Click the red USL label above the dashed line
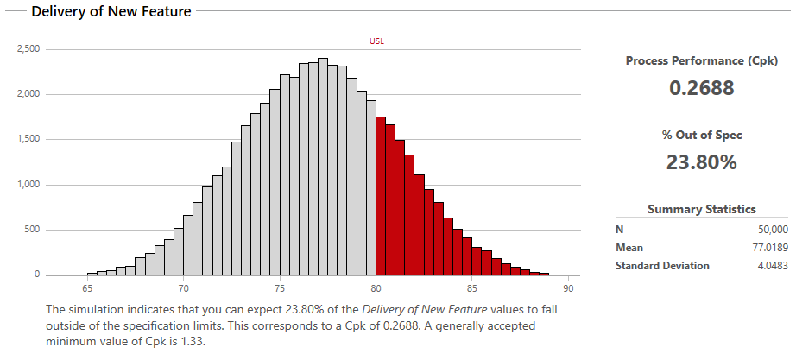click(376, 41)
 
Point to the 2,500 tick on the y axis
click(28, 49)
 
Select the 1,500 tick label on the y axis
click(28, 140)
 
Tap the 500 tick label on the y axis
click(32, 230)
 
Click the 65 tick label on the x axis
click(87, 288)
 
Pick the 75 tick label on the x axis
click(280, 288)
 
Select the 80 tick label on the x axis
click(376, 288)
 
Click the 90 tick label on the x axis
click(568, 288)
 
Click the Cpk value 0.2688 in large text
click(702, 88)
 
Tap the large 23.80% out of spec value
click(702, 161)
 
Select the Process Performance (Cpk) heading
click(702, 61)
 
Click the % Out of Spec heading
click(702, 135)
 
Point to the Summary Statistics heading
click(702, 209)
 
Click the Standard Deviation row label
click(662, 266)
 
